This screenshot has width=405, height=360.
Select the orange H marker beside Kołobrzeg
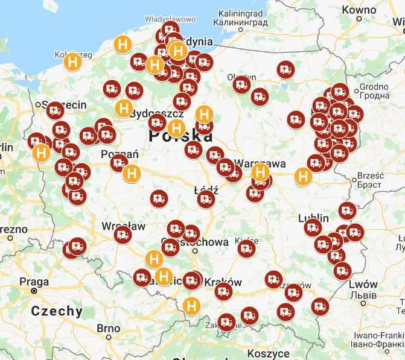[x=72, y=62]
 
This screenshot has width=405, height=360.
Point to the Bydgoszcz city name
[x=159, y=113]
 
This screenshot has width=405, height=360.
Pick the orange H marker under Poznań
[x=131, y=173]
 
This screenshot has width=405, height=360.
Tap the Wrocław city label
[x=123, y=226]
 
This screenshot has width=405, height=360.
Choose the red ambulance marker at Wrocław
[x=123, y=235]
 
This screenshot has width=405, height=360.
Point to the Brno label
[x=109, y=328]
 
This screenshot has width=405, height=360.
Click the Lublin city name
[x=313, y=218]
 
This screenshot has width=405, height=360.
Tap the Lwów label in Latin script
[x=363, y=284]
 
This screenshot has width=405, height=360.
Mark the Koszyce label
[x=269, y=353]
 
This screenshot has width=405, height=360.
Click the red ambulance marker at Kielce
[x=246, y=248]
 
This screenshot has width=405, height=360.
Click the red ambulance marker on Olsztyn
[x=242, y=85]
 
